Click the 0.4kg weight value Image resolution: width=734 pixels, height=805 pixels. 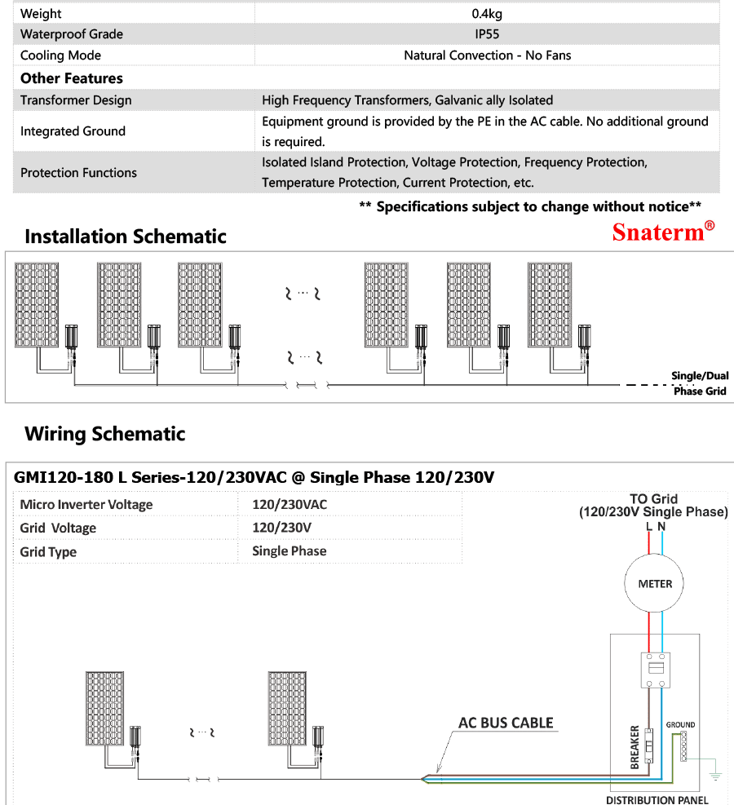click(x=487, y=14)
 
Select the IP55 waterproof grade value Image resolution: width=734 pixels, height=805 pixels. click(x=487, y=34)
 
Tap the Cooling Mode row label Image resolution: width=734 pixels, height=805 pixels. click(x=61, y=55)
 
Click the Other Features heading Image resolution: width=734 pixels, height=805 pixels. click(x=72, y=78)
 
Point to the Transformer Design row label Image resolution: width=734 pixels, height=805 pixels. click(x=76, y=100)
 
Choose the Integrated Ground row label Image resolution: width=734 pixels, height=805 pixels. click(x=73, y=131)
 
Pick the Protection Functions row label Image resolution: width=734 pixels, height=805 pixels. click(x=78, y=173)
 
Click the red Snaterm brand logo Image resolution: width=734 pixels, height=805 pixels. click(x=663, y=232)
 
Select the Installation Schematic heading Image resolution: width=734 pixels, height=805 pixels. click(x=126, y=237)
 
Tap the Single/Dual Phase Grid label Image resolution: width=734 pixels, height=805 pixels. click(x=699, y=383)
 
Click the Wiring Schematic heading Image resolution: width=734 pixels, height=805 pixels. click(x=105, y=434)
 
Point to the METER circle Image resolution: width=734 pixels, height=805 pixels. click(x=655, y=584)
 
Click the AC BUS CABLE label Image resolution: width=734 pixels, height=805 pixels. click(x=506, y=723)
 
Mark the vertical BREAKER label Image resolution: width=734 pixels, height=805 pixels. click(x=635, y=747)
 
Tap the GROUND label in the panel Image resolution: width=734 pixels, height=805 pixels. click(x=680, y=724)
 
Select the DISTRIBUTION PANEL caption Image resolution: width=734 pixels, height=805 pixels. click(x=657, y=799)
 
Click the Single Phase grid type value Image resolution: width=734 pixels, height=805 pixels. click(x=290, y=551)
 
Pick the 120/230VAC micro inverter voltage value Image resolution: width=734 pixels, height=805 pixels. click(x=290, y=505)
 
